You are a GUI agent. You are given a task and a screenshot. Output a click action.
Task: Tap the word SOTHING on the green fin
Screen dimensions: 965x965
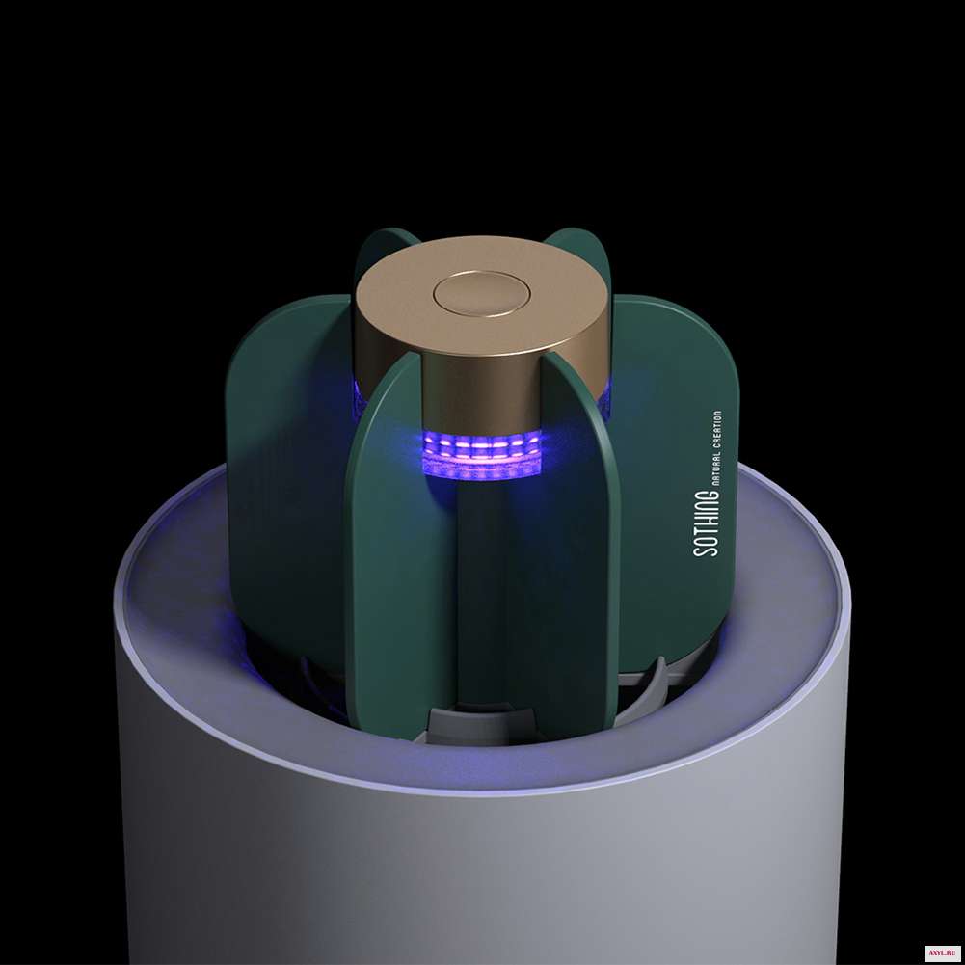pos(706,523)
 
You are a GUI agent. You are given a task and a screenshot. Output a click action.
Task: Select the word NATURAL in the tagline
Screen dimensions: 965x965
pos(716,466)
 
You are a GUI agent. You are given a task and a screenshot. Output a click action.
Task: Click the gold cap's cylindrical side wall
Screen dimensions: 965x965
pos(480,388)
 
